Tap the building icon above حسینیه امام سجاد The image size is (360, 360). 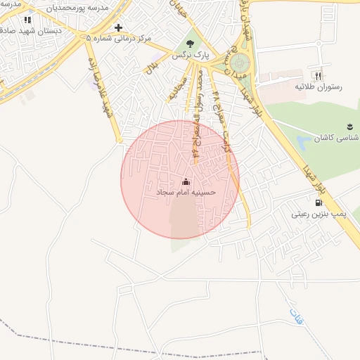tap(186, 181)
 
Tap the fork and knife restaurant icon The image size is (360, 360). tap(318, 75)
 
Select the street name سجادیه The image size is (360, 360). tap(176, 88)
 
